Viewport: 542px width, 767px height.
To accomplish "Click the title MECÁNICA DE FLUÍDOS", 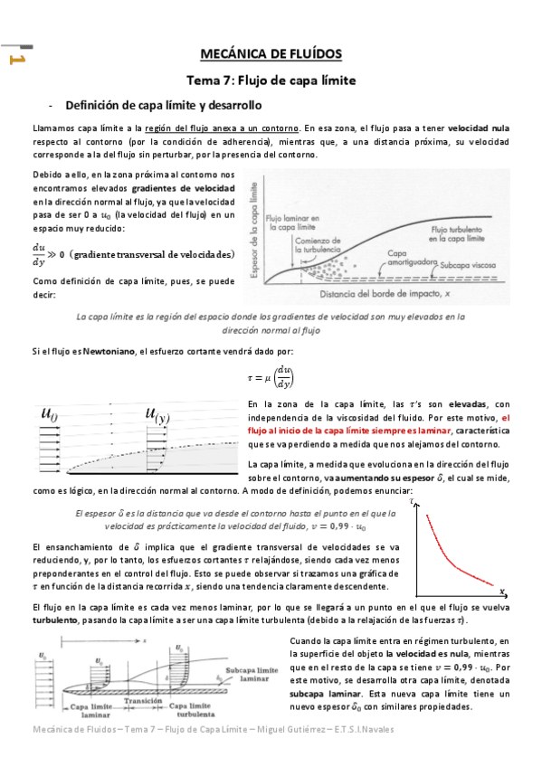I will pos(271,54).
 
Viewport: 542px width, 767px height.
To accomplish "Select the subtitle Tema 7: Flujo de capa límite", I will pos(271,80).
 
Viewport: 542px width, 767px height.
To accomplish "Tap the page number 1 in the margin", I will pos(15,61).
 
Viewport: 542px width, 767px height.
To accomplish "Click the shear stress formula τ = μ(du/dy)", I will pos(271,376).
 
